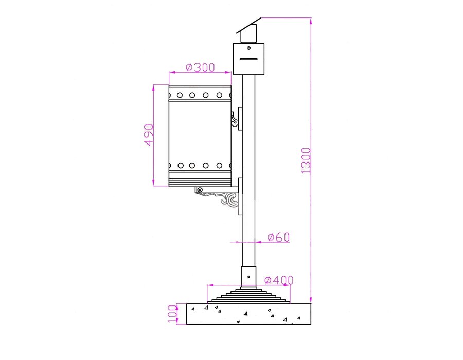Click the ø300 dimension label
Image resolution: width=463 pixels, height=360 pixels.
200,67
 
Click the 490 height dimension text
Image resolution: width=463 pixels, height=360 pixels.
149,135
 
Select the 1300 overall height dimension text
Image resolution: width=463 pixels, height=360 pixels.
306,160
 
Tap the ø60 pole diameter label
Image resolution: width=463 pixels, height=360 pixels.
278,237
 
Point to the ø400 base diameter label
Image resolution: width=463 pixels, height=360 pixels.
279,280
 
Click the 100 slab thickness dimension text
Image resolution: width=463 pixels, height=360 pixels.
172,314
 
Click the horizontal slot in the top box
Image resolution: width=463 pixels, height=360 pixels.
248,59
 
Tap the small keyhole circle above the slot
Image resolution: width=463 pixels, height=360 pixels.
248,48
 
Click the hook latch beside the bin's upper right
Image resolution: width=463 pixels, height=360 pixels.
234,119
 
